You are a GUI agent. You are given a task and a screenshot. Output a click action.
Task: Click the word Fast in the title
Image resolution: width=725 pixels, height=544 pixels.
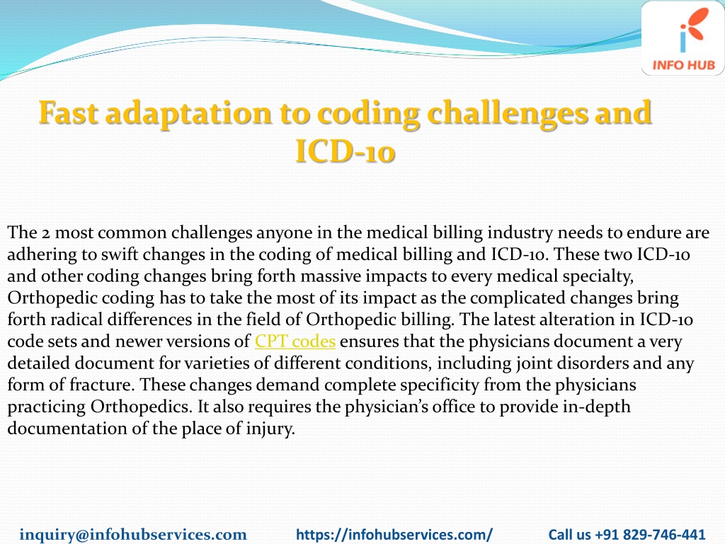click(69, 113)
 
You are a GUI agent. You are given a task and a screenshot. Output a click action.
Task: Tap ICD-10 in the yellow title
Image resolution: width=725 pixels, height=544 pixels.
click(345, 152)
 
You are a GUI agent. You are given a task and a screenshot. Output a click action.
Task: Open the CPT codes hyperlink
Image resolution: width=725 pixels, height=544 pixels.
click(295, 341)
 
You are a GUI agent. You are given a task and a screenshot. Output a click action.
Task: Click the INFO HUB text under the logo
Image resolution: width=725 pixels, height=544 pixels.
click(684, 65)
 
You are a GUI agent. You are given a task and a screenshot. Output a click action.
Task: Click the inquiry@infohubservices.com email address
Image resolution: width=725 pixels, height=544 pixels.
click(133, 534)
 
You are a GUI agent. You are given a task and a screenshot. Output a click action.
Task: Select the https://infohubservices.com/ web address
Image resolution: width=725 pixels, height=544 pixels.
click(394, 534)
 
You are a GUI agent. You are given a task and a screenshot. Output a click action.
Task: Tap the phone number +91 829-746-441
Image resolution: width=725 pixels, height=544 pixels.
click(650, 534)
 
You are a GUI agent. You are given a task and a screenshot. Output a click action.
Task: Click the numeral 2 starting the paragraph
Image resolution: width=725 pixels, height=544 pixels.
click(45, 232)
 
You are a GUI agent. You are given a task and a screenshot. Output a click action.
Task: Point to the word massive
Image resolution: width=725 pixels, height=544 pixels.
click(330, 276)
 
